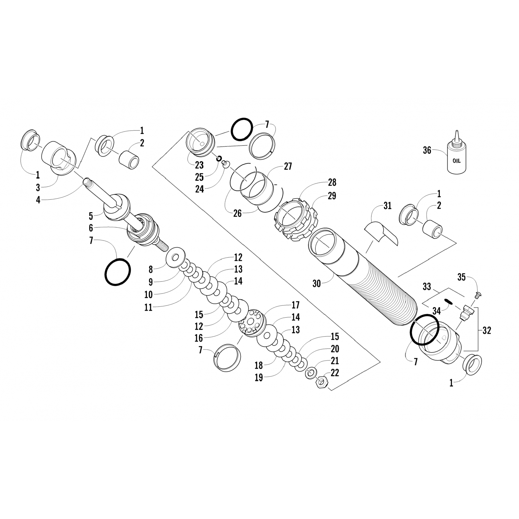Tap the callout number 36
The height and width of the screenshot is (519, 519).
point(427,151)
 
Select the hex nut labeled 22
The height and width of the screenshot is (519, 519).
point(321,382)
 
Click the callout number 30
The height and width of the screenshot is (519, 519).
point(317,284)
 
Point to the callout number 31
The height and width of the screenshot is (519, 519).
point(387,206)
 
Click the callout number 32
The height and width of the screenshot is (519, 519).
point(486,330)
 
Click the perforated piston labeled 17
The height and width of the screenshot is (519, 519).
point(252,321)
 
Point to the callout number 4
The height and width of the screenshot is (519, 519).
point(38,200)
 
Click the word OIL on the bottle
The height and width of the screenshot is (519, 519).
point(456,161)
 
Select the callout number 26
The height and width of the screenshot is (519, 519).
point(237,213)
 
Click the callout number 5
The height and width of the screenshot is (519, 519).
point(91,217)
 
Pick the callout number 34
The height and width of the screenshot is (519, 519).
point(437,311)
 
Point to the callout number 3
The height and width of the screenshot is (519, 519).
point(38,188)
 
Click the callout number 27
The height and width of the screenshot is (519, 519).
point(288,166)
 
